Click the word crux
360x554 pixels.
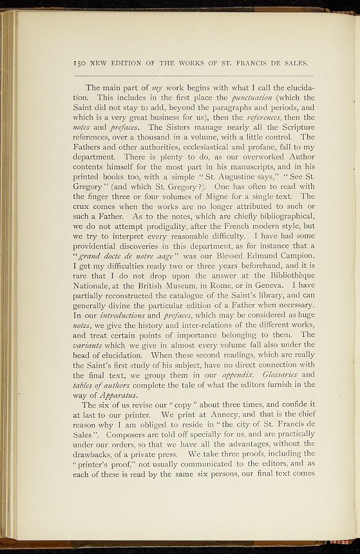tap(81, 206)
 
